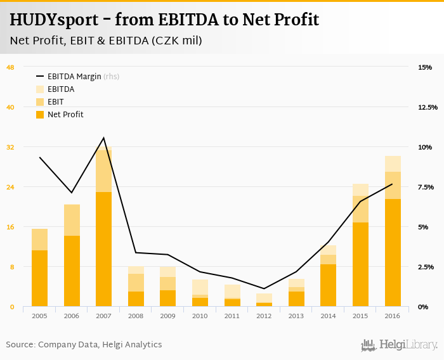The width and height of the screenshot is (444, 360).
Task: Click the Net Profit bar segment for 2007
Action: click(103, 249)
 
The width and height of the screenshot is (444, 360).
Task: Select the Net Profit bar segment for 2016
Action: click(392, 252)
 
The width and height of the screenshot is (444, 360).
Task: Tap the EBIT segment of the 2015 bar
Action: click(360, 209)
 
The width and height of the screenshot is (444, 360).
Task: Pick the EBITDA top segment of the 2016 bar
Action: click(392, 164)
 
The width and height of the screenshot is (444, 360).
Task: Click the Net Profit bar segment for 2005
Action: click(39, 278)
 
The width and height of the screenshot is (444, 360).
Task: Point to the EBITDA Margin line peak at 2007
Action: click(103, 138)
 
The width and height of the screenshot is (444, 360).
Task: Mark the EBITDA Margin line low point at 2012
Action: click(264, 288)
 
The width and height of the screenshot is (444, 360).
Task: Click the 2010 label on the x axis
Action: click(200, 316)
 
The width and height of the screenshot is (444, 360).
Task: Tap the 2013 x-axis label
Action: click(296, 316)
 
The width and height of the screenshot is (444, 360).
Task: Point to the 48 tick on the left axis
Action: click(10, 67)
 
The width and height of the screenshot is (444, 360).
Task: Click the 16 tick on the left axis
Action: click(10, 227)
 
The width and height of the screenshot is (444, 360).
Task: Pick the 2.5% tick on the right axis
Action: click(426, 267)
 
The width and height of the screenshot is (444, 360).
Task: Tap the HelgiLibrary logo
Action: click(399, 345)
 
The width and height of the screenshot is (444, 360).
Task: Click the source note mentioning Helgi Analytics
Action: click(84, 345)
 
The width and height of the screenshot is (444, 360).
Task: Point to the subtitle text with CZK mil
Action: click(106, 41)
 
